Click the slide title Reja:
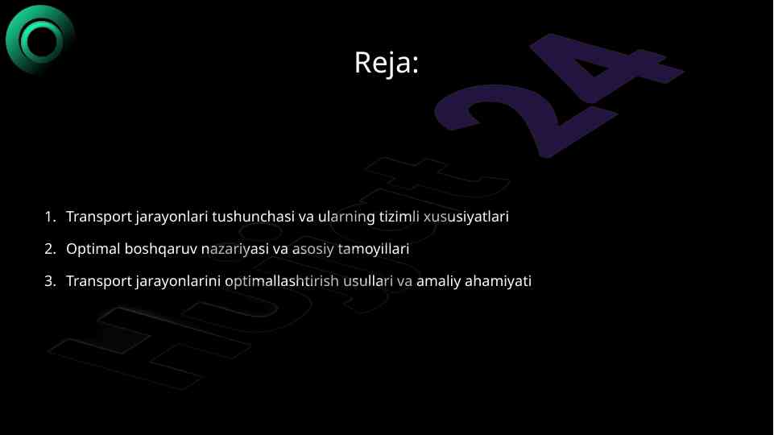tap(387, 62)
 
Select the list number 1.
tap(49, 217)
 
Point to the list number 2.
tap(49, 249)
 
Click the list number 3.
tap(49, 281)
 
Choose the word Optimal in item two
tap(93, 249)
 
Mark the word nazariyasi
tap(234, 249)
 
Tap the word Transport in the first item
tap(97, 217)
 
